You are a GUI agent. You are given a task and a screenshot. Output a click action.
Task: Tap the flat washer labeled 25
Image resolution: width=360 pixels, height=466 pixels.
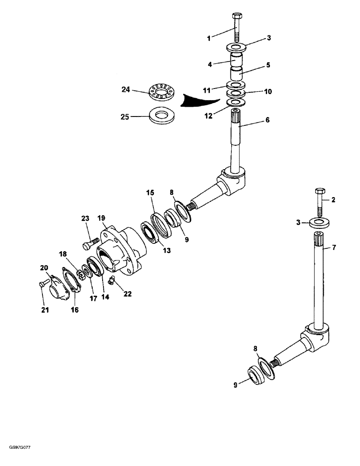click(x=161, y=116)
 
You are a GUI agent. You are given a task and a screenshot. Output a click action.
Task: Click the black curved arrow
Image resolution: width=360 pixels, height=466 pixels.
click(x=201, y=100)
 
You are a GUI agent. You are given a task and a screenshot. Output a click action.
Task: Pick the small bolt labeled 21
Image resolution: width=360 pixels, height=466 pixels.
click(x=42, y=282)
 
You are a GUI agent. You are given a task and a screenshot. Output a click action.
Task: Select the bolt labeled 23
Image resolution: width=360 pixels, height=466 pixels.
click(x=90, y=243)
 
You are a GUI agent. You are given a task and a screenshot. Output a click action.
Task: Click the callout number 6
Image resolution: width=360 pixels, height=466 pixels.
click(x=268, y=120)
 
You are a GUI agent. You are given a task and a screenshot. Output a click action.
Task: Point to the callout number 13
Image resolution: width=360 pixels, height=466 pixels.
click(x=166, y=250)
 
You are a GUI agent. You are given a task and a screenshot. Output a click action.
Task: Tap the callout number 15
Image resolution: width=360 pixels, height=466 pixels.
click(x=150, y=192)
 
